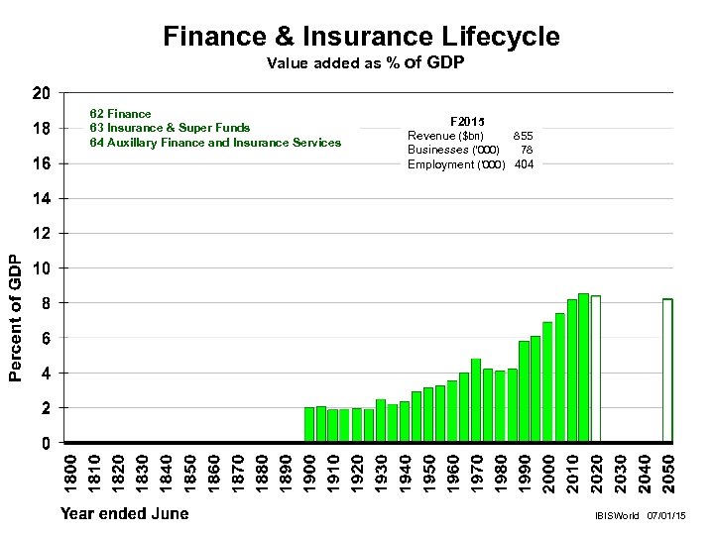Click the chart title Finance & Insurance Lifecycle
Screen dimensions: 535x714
(361, 37)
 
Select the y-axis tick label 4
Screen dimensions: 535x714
(47, 374)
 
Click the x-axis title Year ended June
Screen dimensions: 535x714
(124, 513)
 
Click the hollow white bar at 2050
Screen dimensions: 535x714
(667, 370)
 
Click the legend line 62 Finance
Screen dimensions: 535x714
(120, 114)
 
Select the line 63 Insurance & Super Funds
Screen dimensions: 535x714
(169, 128)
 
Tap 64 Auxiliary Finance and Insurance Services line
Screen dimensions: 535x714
(214, 143)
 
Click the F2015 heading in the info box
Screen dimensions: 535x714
(468, 120)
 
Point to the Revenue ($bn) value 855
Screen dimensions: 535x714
(522, 135)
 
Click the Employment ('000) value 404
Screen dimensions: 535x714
(524, 164)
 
